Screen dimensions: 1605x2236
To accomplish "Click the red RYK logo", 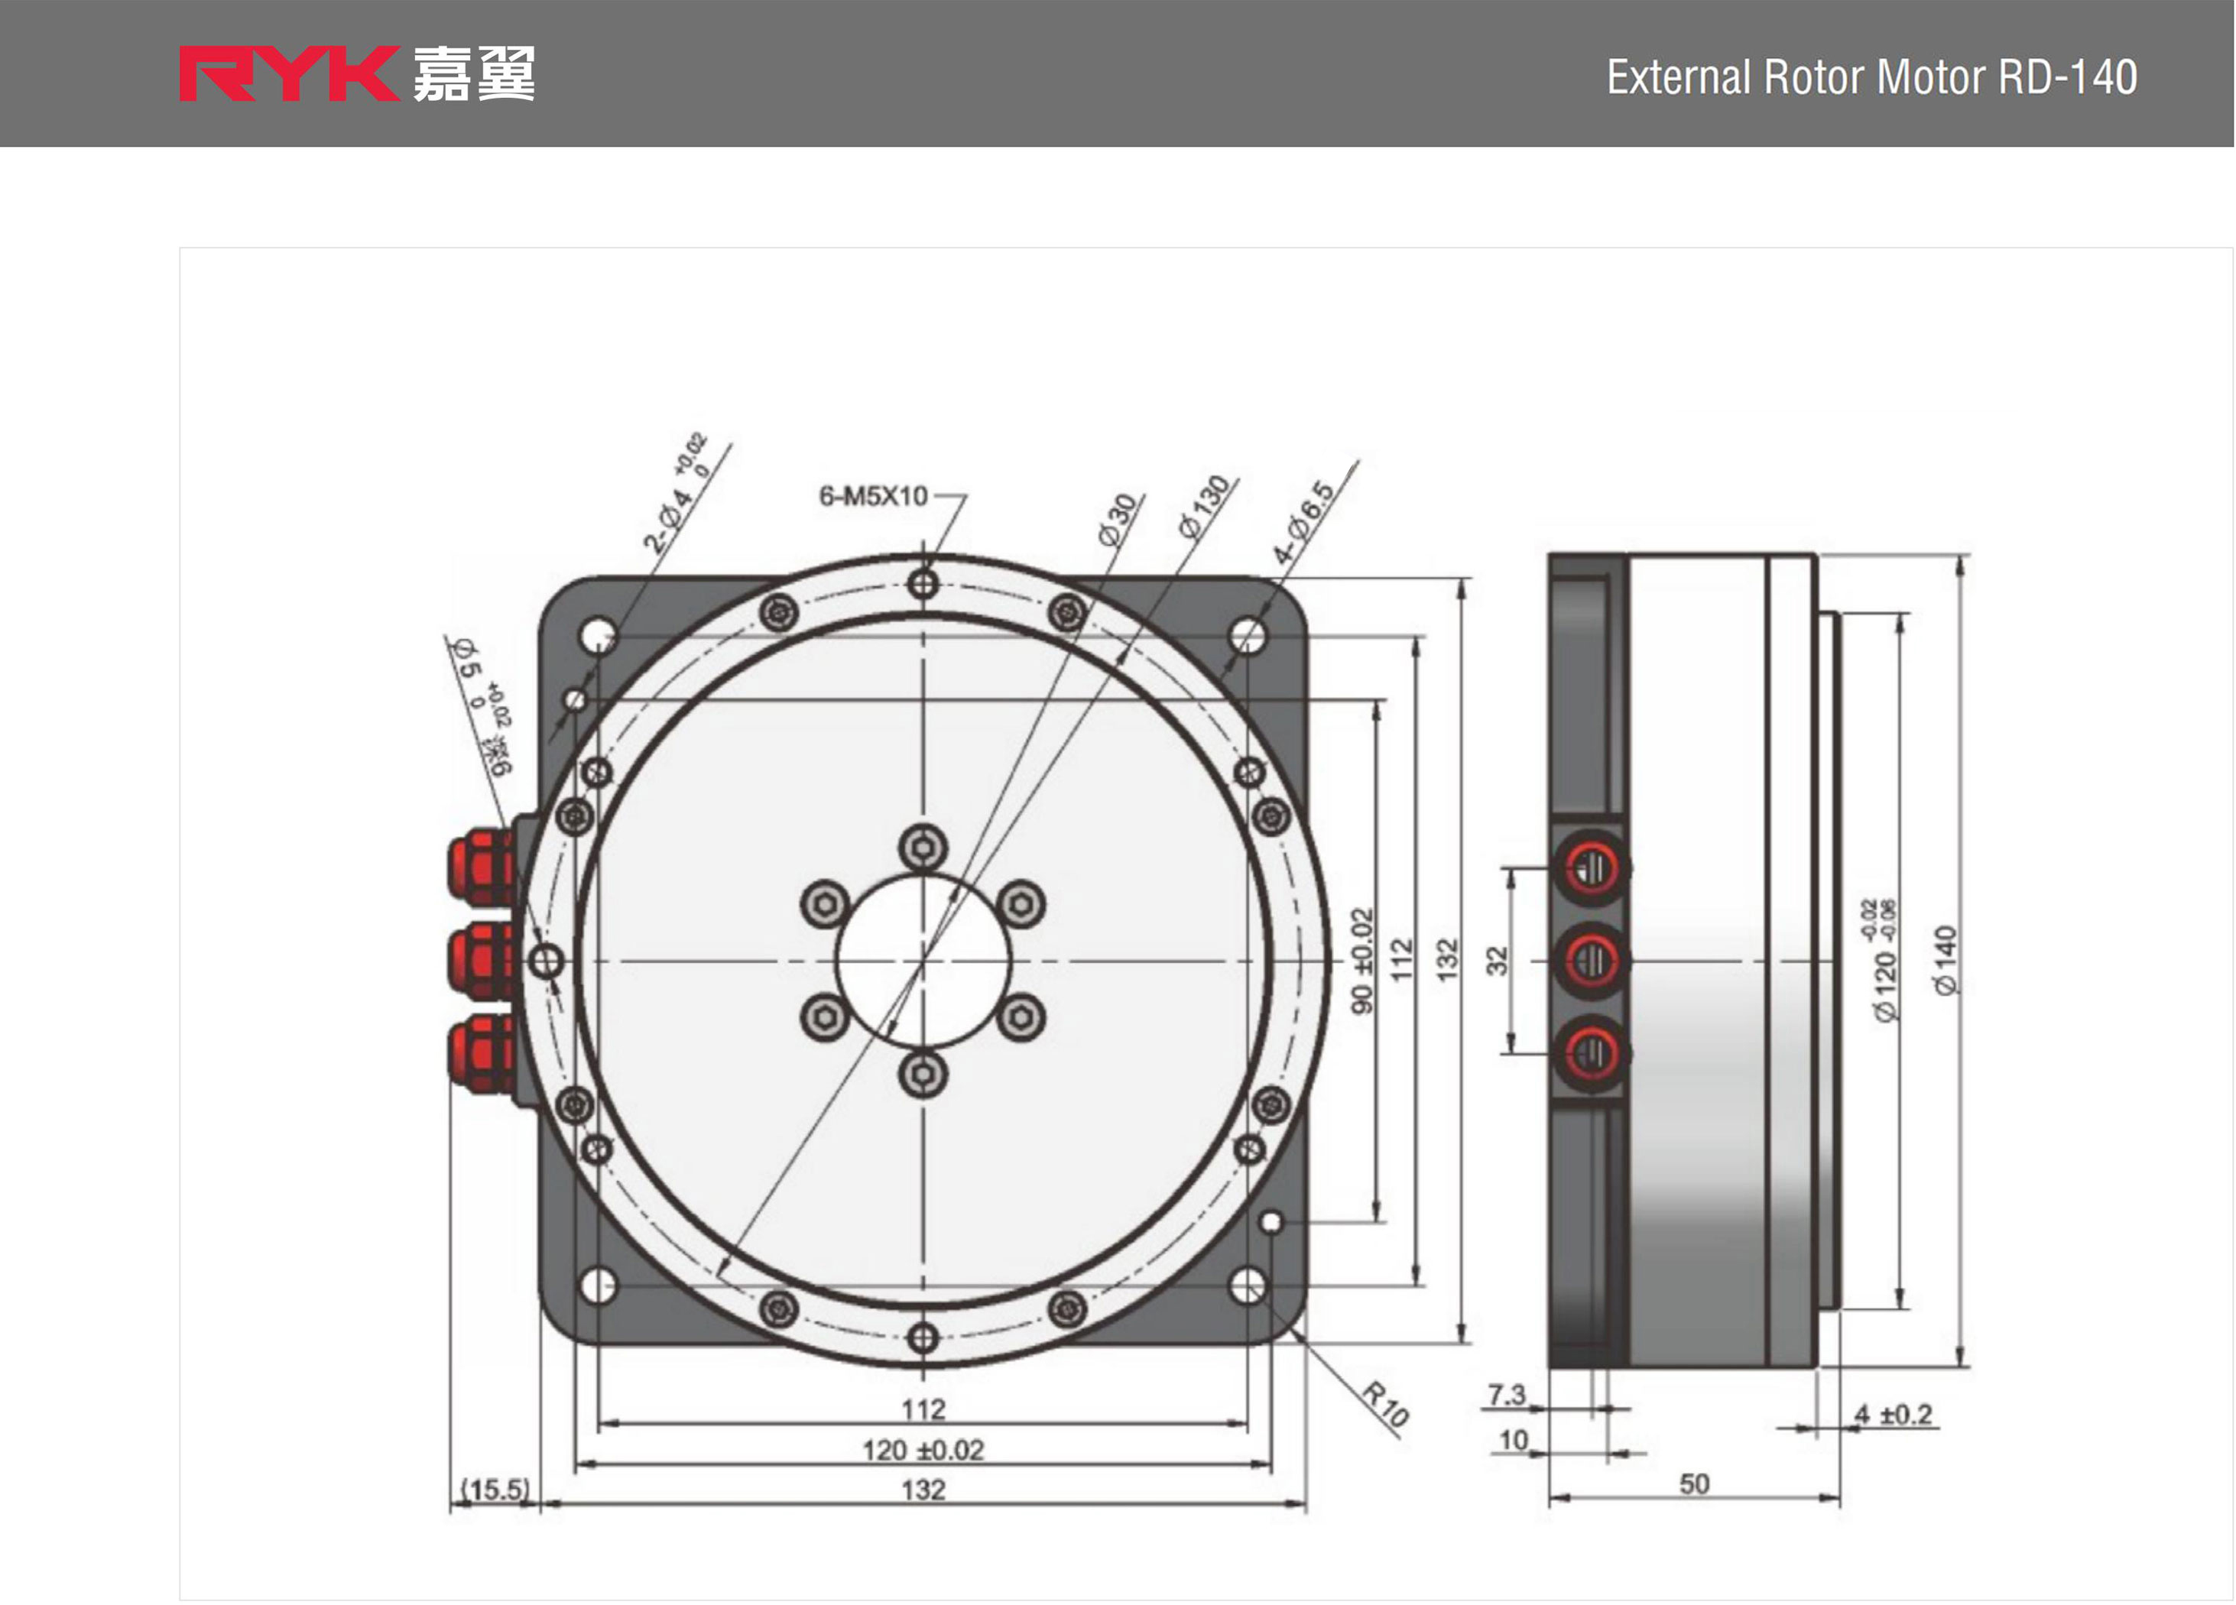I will [x=288, y=74].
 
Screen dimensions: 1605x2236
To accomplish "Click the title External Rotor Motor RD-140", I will [x=1871, y=77].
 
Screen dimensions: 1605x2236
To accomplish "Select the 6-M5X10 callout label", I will [x=874, y=496].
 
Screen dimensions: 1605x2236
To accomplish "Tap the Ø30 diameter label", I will [x=1119, y=520].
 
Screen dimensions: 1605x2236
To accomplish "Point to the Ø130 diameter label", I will [x=1205, y=507].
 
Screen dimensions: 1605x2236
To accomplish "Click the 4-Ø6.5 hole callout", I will [x=1303, y=523].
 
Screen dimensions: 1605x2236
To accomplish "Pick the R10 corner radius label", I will [x=1385, y=1405].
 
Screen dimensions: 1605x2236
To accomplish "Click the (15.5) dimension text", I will [x=495, y=1489].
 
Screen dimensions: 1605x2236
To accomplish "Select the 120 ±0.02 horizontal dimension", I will [x=923, y=1450].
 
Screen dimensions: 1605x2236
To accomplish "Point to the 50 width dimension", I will [x=1694, y=1483].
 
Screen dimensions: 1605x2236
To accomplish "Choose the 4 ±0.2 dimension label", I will [x=1893, y=1415].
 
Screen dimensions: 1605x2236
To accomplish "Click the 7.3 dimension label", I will [x=1507, y=1395].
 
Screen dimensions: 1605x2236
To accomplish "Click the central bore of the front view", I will [x=923, y=960].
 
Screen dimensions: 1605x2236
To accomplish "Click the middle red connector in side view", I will [x=1592, y=960].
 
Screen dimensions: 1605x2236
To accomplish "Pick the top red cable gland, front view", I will [x=481, y=867].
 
